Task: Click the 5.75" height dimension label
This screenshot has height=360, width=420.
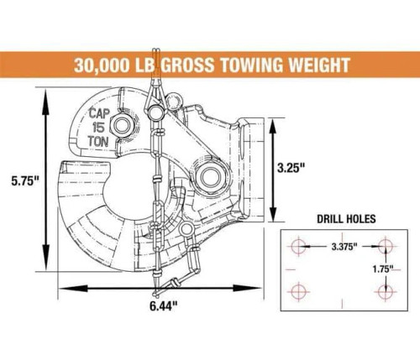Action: coord(20,180)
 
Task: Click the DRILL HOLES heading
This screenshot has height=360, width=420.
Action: coord(346,219)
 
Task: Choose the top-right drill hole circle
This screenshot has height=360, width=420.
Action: coord(386,247)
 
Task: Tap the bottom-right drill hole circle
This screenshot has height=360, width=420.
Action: coord(386,290)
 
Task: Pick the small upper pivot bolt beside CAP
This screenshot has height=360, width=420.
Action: coord(123,125)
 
